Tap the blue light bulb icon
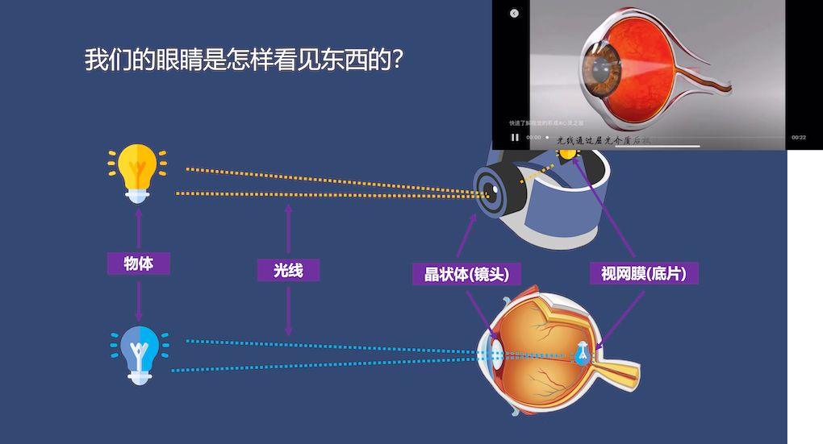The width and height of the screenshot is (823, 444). (x=139, y=353)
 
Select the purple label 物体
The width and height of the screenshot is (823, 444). (x=139, y=263)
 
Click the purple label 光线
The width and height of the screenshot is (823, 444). (x=288, y=270)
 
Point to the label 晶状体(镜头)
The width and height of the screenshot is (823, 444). (x=466, y=274)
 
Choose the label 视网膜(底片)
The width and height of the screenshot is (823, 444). (x=643, y=274)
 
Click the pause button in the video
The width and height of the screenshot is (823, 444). (x=515, y=137)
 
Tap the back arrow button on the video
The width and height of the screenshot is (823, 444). (x=514, y=13)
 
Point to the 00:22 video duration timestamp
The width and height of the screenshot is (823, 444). (x=799, y=138)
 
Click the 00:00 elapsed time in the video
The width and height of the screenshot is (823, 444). (x=533, y=138)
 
